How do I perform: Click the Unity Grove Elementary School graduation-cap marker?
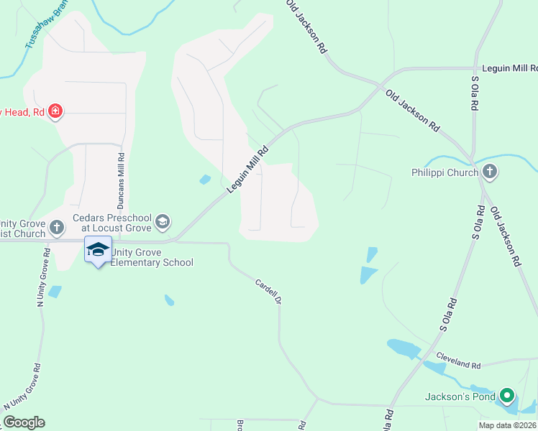point(98,249)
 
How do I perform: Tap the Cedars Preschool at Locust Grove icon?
point(163,221)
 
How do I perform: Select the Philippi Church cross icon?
point(490,171)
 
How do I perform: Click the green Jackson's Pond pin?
point(507,395)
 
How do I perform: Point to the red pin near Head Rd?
point(56,111)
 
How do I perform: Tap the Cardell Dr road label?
point(267,290)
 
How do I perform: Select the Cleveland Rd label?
point(458,356)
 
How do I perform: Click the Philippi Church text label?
point(444,172)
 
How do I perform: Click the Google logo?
point(24,422)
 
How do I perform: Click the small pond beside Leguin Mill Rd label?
point(206,179)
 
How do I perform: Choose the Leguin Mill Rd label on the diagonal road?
point(247,170)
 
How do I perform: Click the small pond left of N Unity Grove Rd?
point(55,292)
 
